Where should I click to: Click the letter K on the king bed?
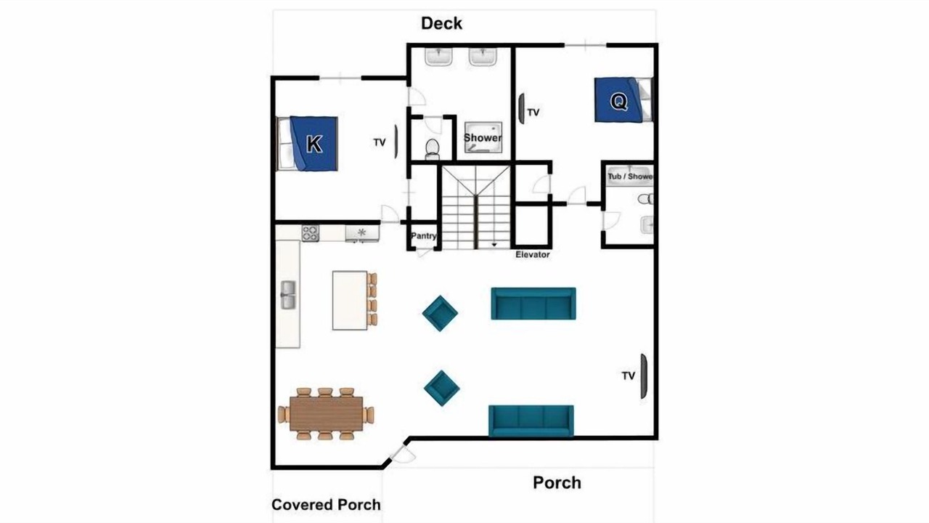click(314, 144)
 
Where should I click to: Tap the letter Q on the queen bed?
click(618, 101)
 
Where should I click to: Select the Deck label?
click(441, 23)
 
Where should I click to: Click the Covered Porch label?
click(326, 505)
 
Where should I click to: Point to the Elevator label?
click(533, 254)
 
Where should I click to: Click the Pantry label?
click(423, 236)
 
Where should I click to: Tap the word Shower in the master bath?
click(483, 137)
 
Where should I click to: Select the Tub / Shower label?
click(630, 177)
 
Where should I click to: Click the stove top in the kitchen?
click(310, 233)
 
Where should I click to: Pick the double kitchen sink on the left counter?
click(288, 295)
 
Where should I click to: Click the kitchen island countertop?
click(350, 301)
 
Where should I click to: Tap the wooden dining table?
click(327, 413)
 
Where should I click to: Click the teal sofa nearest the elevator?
click(533, 304)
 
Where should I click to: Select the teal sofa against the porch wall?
click(531, 421)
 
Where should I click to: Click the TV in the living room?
click(643, 376)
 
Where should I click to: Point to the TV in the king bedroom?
click(396, 142)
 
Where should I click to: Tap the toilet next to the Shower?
click(432, 149)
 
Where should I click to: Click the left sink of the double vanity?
click(438, 57)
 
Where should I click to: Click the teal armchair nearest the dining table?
click(442, 388)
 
